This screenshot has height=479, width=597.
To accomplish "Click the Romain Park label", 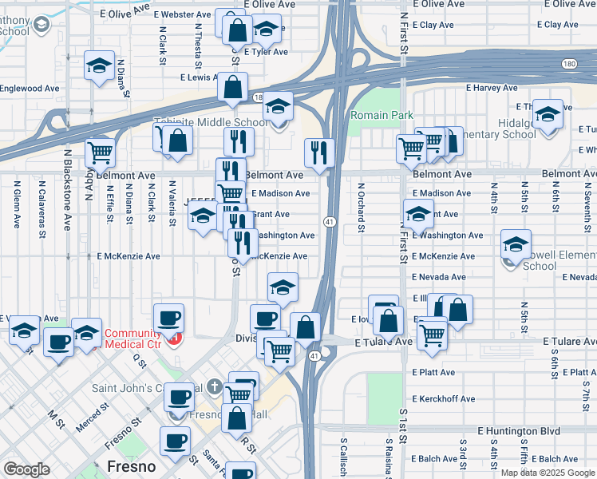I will click(x=382, y=116).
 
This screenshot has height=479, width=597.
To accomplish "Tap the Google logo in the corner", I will click(x=26, y=469).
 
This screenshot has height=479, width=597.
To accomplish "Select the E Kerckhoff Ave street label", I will click(x=444, y=398).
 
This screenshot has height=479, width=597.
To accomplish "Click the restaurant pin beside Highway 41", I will click(x=319, y=152).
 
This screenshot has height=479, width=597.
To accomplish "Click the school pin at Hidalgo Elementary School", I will click(x=548, y=113).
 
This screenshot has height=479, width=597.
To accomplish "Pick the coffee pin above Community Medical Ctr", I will click(x=168, y=317).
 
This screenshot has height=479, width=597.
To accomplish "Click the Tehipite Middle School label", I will click(x=211, y=122).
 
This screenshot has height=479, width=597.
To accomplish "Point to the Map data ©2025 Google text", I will click(x=548, y=473).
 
